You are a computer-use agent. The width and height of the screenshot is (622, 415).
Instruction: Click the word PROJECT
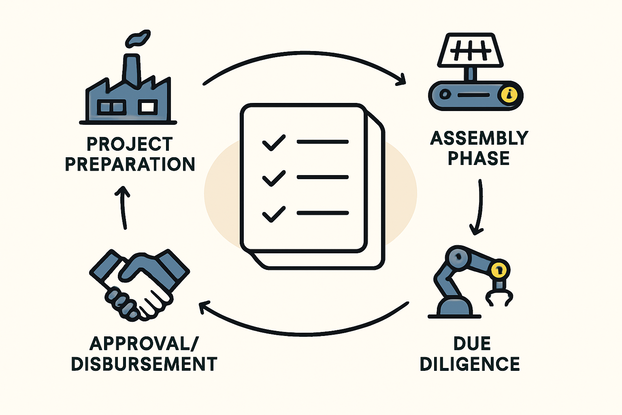[x=130, y=144]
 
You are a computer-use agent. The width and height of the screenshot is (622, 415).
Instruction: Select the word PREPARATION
[x=130, y=164]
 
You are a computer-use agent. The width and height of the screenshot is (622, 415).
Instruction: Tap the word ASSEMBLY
[x=479, y=138]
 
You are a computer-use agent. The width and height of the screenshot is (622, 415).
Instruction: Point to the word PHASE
[x=479, y=158]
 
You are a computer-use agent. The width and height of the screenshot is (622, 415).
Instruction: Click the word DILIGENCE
[x=470, y=364]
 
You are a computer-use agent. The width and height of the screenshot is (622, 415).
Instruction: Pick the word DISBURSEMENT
[x=144, y=364]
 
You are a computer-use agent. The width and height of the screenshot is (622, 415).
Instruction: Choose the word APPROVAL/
[x=144, y=344]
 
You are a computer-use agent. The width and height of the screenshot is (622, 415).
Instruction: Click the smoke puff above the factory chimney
[x=138, y=39]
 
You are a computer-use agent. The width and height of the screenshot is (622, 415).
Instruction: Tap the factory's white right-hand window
[x=148, y=107]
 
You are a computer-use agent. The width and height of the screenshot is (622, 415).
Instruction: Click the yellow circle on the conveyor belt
[x=509, y=95]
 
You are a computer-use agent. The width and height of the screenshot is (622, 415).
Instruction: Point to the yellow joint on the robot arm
[x=499, y=270]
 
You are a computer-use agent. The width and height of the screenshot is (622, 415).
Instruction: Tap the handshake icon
[x=139, y=285]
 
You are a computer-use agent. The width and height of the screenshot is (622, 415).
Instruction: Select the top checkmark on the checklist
[x=274, y=143]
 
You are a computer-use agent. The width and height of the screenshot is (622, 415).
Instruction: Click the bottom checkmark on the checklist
[x=274, y=214]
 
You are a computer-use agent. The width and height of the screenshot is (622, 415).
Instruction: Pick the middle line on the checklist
[x=323, y=177]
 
